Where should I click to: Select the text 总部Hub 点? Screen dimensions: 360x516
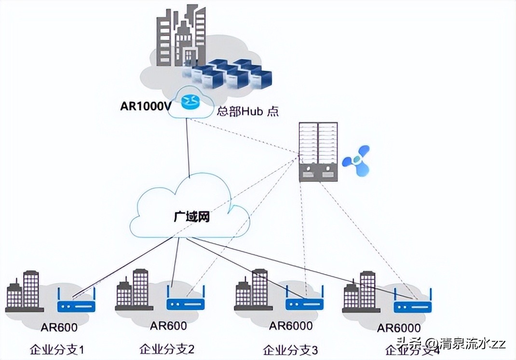tap(247, 111)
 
